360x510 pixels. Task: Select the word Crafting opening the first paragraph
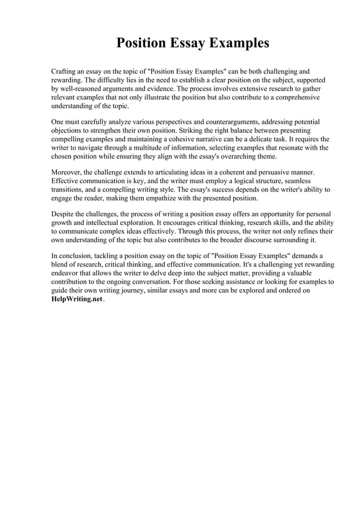click(65, 72)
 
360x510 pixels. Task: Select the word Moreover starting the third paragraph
click(66, 172)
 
